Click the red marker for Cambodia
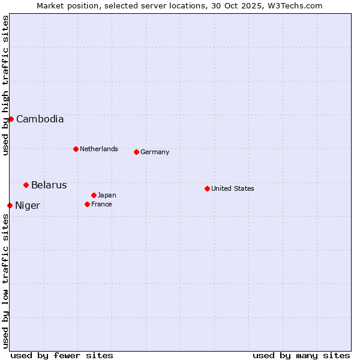click(11, 119)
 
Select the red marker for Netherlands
click(76, 149)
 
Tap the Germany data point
click(136, 152)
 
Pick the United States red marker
click(207, 188)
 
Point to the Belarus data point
click(26, 185)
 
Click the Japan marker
click(94, 195)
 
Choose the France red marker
click(87, 204)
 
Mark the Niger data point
click(10, 205)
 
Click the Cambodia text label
click(40, 119)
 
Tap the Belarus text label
click(49, 185)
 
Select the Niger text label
click(28, 206)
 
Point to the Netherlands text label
click(98, 149)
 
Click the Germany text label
click(155, 152)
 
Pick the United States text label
click(232, 188)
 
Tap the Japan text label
click(107, 195)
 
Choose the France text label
click(101, 204)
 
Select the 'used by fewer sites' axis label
click(62, 355)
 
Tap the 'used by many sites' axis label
click(301, 355)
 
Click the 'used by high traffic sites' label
click(5, 85)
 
